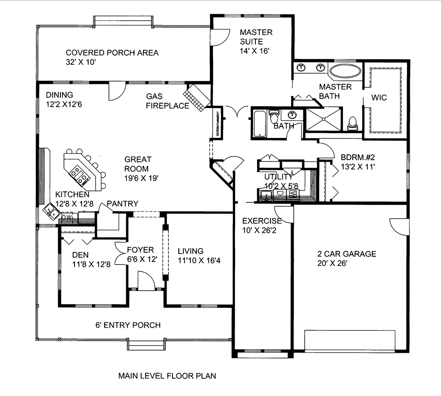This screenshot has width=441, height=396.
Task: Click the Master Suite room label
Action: (x=256, y=37)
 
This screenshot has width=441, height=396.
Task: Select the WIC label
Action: (x=379, y=97)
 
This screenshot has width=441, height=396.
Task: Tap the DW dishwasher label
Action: (x=67, y=217)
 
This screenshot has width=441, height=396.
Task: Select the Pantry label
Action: (x=123, y=204)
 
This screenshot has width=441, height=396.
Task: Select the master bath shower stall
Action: (x=323, y=119)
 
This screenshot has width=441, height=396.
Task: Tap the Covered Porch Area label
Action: (x=112, y=53)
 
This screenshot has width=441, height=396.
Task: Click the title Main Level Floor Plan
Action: (x=167, y=376)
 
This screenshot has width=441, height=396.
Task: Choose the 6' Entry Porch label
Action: (x=128, y=325)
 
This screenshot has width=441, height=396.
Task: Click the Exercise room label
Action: (x=262, y=221)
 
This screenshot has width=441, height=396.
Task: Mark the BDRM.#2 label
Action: (x=358, y=157)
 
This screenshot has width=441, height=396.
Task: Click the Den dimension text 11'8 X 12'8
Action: (x=91, y=265)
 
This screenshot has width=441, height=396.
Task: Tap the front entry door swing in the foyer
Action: (x=146, y=281)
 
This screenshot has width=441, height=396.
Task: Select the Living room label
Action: (x=191, y=251)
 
